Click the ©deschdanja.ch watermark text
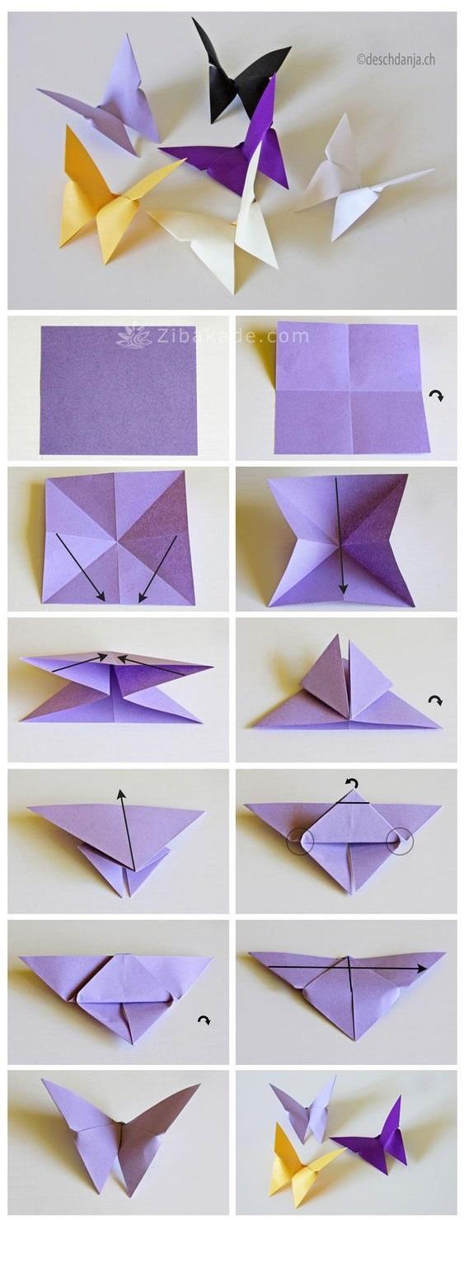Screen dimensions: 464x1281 pos(396,59)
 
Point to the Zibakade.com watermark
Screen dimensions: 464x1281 pos(213,335)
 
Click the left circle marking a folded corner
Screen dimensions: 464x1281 pos(301,840)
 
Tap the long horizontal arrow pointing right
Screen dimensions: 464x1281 pos(346,968)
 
